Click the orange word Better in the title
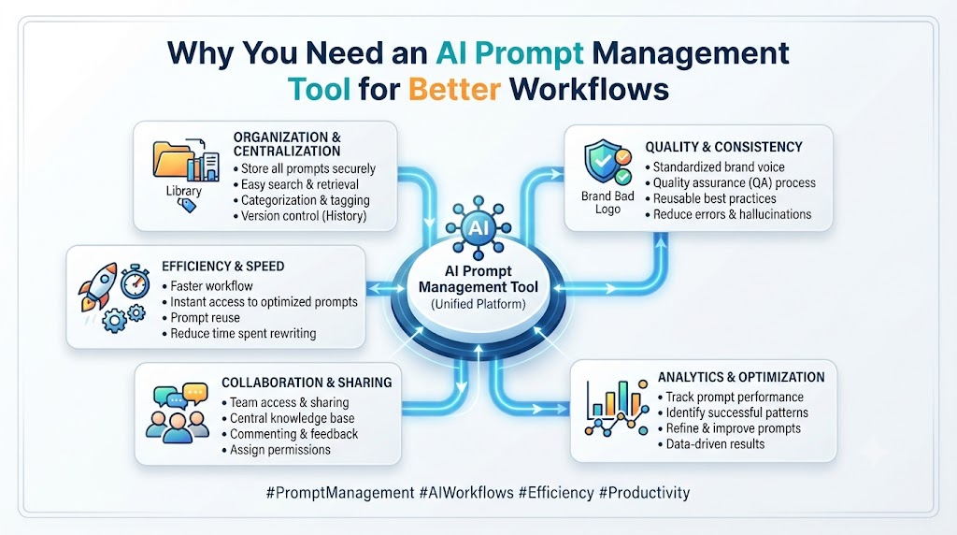(x=454, y=89)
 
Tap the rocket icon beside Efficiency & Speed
(x=97, y=286)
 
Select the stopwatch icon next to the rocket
(x=135, y=282)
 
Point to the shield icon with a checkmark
(x=602, y=160)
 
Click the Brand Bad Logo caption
(x=607, y=203)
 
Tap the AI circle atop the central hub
(x=478, y=228)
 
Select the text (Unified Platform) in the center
(x=478, y=304)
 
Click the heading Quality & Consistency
(x=724, y=147)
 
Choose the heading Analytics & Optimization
(x=741, y=378)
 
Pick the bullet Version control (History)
(x=300, y=216)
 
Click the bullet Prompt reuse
(x=201, y=318)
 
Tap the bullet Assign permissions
(x=276, y=450)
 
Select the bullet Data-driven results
(x=711, y=444)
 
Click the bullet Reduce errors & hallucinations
(x=728, y=214)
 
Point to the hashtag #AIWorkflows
(x=467, y=493)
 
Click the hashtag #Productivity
(x=645, y=493)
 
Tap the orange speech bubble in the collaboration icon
(x=195, y=392)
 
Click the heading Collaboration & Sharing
(x=307, y=383)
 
